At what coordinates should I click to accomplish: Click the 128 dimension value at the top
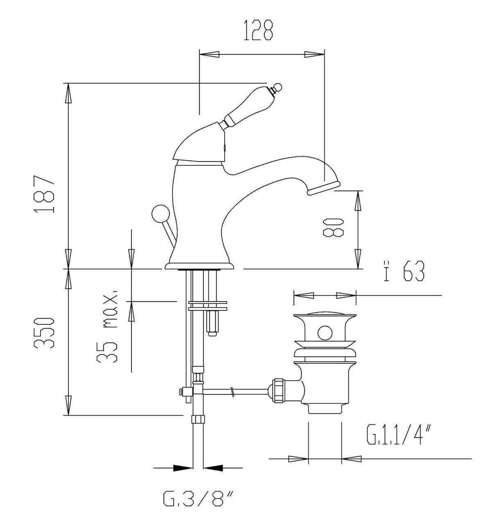258,30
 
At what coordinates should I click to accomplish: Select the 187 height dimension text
44,194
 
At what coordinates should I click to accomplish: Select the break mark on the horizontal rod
232,392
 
